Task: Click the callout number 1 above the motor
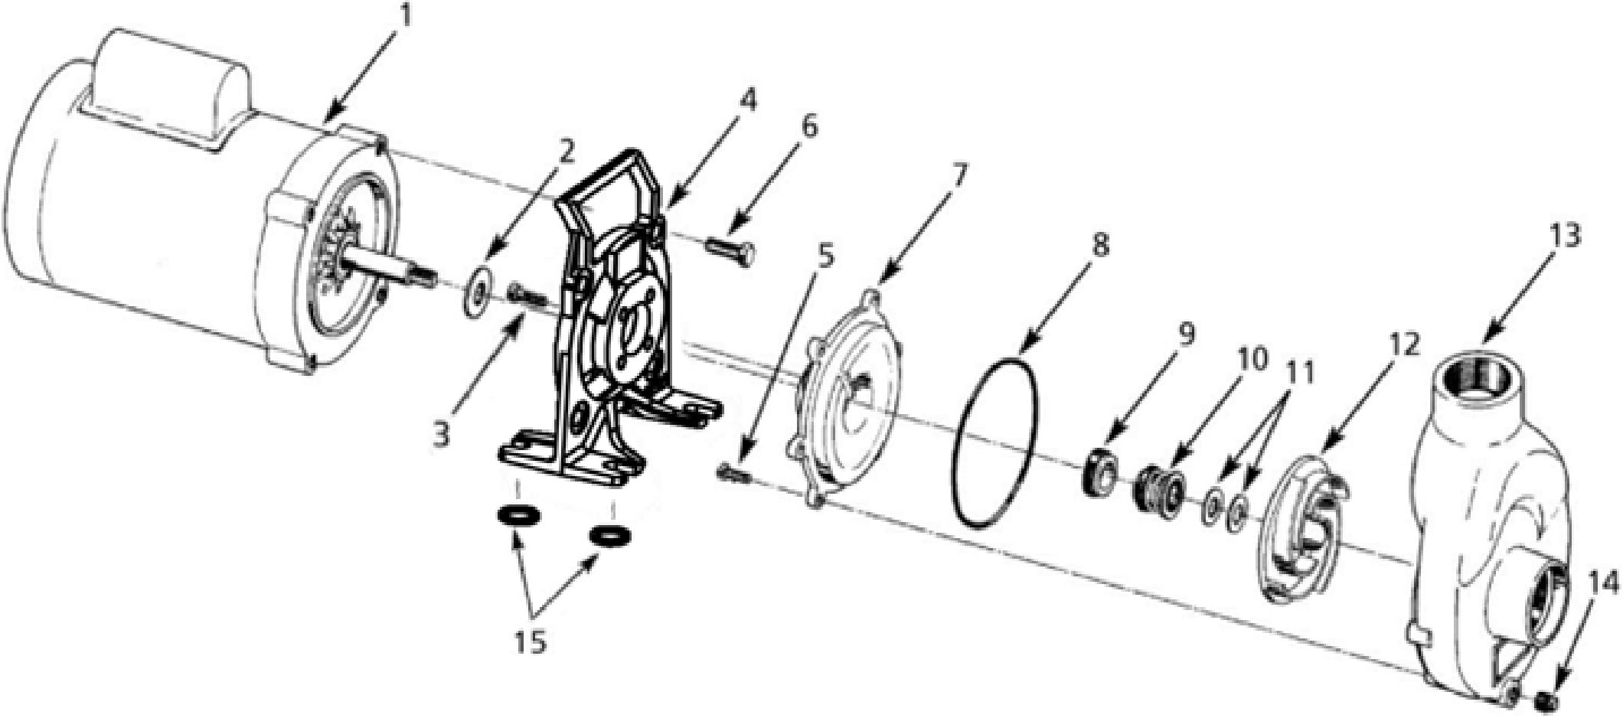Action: (404, 15)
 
